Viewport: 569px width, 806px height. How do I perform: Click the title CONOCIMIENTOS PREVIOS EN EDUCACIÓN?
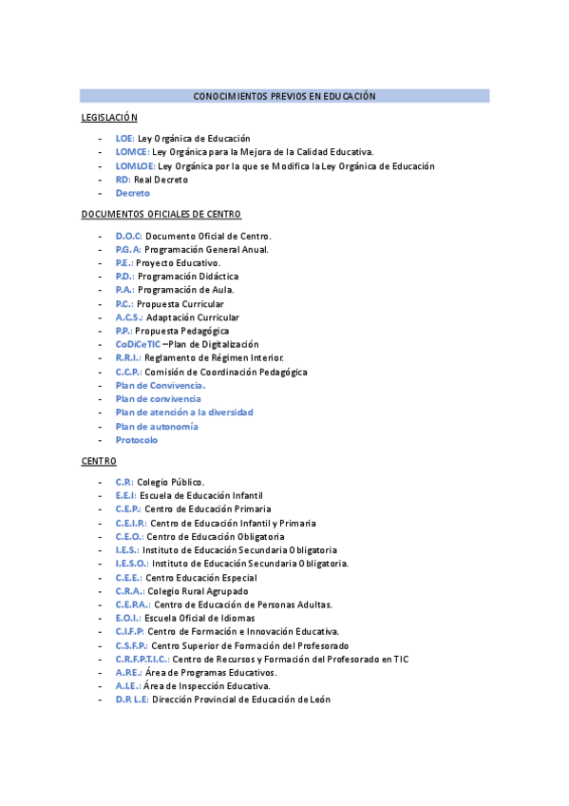pos(284,96)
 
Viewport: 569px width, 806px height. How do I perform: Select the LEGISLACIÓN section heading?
pos(109,118)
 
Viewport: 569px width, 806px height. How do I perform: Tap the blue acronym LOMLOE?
pos(135,166)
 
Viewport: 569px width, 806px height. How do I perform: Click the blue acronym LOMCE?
pos(132,152)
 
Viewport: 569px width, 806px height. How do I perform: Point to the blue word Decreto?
pos(133,193)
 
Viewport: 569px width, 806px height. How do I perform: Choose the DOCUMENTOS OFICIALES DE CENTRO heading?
pos(161,215)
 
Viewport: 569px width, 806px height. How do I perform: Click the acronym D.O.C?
pos(129,236)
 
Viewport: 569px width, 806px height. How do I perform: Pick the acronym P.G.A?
pos(128,249)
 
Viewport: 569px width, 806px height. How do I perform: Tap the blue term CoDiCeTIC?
pos(138,344)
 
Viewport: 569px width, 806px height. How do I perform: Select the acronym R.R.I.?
pos(128,358)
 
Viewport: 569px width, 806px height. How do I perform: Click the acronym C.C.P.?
pos(128,372)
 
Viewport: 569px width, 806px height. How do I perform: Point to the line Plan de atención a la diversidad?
pos(184,413)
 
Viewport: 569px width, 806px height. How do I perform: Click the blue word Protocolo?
pos(137,440)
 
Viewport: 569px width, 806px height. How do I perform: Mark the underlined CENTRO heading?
pos(99,461)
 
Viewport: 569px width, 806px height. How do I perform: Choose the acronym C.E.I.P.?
pos(131,523)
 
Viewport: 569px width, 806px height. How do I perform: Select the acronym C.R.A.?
pos(129,591)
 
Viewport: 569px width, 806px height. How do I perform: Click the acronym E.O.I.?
pos(128,618)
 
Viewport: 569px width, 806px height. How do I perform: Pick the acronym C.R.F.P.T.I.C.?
pos(142,659)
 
